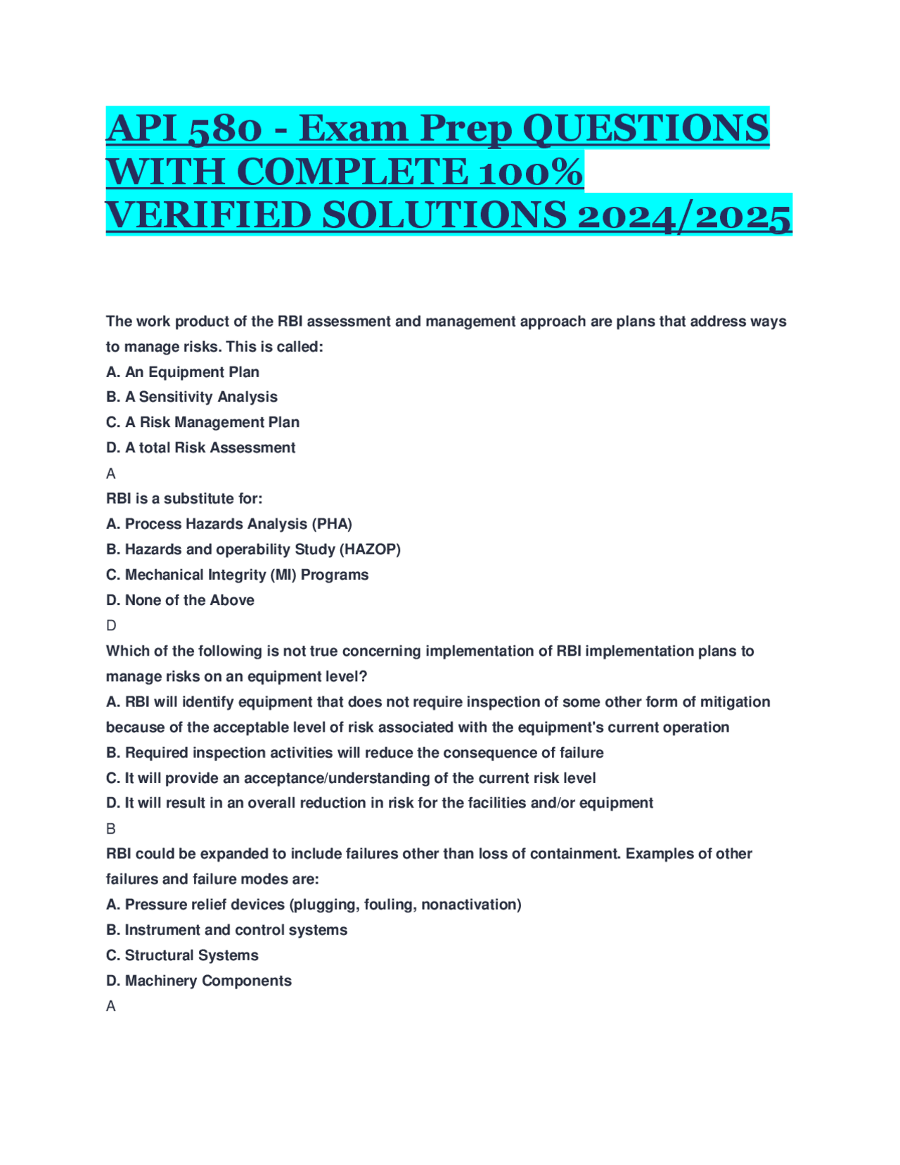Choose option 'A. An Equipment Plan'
tap(183, 372)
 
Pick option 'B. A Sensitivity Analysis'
tap(192, 397)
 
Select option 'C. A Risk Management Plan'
tap(202, 422)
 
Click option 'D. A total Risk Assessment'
tap(200, 447)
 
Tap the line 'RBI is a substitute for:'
tap(184, 499)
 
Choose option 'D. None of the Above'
tap(180, 600)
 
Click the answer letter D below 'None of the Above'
tap(111, 625)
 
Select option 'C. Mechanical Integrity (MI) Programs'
tap(237, 575)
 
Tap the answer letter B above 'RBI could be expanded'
tap(111, 829)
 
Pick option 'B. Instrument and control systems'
tap(226, 930)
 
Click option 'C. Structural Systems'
tap(182, 955)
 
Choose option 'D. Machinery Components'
tap(198, 981)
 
